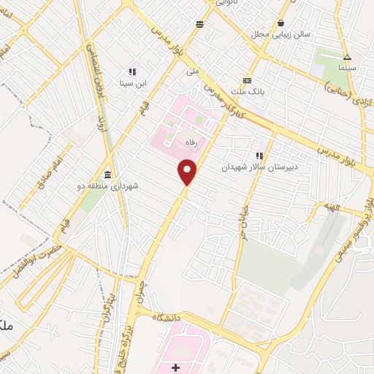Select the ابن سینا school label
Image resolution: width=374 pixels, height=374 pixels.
tap(134, 83)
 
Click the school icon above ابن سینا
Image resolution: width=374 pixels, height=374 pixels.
tap(132, 72)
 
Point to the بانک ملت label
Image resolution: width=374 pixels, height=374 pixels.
tap(247, 91)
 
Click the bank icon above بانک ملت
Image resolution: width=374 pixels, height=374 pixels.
tap(247, 80)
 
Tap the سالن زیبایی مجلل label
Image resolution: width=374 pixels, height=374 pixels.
tap(281, 34)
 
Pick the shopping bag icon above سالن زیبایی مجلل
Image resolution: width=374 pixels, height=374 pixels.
tap(281, 23)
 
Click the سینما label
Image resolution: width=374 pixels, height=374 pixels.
tap(347, 67)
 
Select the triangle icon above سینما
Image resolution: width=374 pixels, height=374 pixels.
tap(347, 57)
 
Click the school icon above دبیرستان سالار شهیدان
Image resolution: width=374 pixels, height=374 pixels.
tap(259, 155)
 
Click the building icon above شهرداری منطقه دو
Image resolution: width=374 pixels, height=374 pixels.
tap(108, 175)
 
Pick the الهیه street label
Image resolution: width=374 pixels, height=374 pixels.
tap(333, 207)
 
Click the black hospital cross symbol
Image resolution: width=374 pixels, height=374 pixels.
tap(176, 367)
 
